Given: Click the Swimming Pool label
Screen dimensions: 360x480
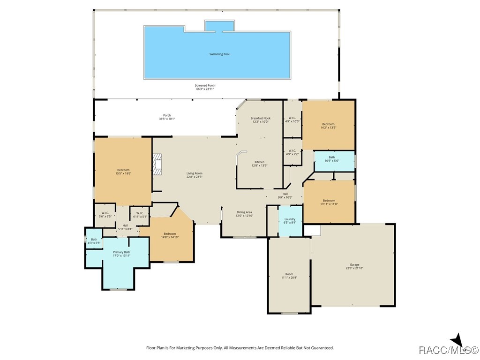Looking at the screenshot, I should tap(219, 54).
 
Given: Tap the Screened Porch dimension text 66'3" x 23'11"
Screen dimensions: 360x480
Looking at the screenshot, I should tap(205, 89).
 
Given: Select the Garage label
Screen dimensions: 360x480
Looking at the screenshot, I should tap(354, 264).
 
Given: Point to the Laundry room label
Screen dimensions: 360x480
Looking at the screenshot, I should tap(290, 219).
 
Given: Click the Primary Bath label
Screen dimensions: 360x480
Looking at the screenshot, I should tap(121, 252).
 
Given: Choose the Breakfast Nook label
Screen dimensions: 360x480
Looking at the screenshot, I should tap(260, 118).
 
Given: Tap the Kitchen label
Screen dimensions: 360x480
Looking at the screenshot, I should tap(259, 162).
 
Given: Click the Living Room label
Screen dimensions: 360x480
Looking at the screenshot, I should tap(195, 173).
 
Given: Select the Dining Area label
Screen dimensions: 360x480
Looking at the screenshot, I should tap(244, 212).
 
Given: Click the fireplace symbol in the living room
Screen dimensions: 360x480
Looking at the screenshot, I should tap(157, 165).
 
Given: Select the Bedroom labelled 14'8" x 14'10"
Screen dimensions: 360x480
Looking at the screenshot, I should tap(170, 234).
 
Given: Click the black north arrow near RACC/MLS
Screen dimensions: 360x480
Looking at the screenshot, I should tap(457, 341).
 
